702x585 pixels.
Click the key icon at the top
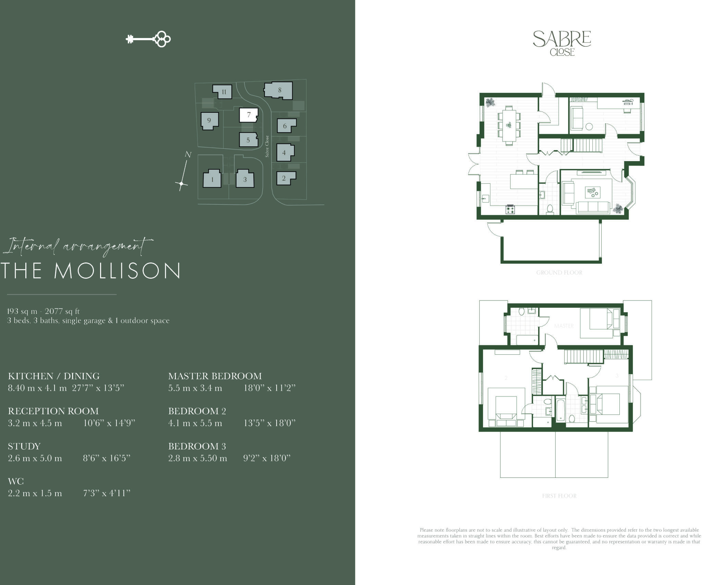pyautogui.click(x=148, y=39)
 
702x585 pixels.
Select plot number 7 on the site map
pyautogui.click(x=249, y=115)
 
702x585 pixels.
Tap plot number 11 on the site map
pyautogui.click(x=223, y=92)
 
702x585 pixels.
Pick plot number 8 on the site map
pyautogui.click(x=279, y=90)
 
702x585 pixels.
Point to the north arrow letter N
pyautogui.click(x=188, y=155)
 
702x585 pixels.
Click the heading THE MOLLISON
pyautogui.click(x=91, y=271)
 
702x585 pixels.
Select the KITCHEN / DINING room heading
pyautogui.click(x=54, y=376)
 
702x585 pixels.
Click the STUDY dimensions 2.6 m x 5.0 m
pyautogui.click(x=35, y=458)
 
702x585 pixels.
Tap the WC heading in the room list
pyautogui.click(x=16, y=481)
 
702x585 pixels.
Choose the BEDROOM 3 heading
pyautogui.click(x=197, y=446)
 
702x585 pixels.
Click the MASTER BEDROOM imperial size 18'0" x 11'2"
pyautogui.click(x=269, y=388)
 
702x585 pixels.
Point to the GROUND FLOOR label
pyautogui.click(x=559, y=272)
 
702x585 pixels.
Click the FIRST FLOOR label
pyautogui.click(x=559, y=496)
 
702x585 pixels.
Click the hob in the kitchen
pyautogui.click(x=510, y=209)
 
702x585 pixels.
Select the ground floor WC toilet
pyautogui.click(x=550, y=209)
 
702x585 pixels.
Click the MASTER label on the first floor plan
pyautogui.click(x=564, y=326)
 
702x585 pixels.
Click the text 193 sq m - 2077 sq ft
pyautogui.click(x=44, y=311)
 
